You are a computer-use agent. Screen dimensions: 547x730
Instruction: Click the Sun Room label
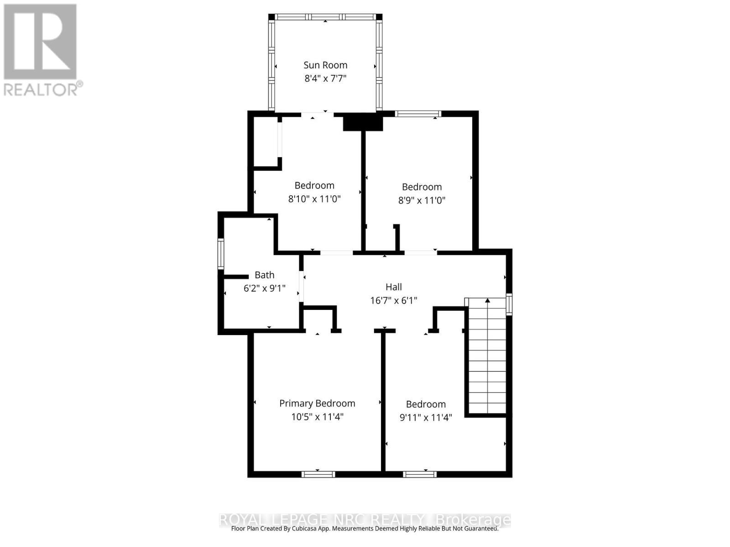(325, 65)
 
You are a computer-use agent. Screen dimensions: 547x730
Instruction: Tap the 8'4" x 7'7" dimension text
(325, 78)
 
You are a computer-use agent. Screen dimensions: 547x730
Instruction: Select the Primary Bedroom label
(317, 403)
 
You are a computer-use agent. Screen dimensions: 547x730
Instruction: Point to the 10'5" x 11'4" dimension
(317, 417)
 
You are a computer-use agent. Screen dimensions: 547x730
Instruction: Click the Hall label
(393, 287)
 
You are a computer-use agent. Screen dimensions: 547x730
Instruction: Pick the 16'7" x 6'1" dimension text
(393, 300)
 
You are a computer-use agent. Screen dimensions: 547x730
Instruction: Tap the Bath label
(265, 275)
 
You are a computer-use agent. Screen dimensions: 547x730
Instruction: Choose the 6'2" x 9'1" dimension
(265, 288)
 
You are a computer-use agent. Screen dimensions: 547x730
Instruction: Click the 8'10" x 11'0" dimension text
(314, 199)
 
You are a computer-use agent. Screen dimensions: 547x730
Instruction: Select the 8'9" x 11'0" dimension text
(422, 200)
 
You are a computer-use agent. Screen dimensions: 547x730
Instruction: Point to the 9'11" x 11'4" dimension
(426, 418)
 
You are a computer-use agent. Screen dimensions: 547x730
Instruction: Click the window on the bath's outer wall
(221, 254)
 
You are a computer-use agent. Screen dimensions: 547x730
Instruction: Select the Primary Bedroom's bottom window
(318, 474)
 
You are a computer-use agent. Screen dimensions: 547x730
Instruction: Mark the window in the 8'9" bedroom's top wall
(417, 114)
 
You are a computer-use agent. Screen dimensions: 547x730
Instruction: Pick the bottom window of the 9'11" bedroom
(420, 474)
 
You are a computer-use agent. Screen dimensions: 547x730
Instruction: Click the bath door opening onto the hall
(302, 286)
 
